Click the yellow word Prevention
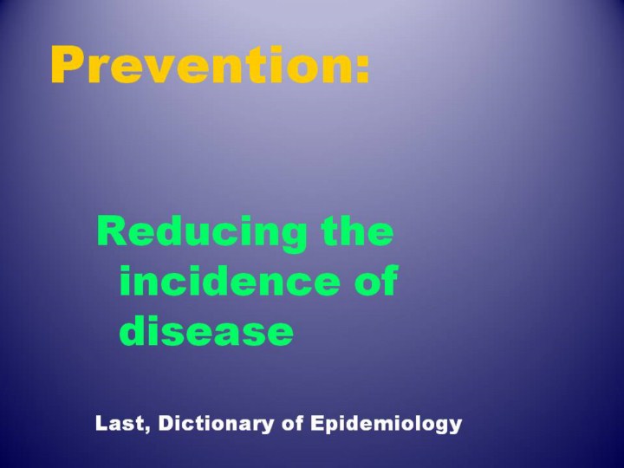point(203,65)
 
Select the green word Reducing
point(202,234)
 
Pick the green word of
point(376,280)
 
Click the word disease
point(206,330)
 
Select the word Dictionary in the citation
point(216,424)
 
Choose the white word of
point(292,424)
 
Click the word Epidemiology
point(386,424)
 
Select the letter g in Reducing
point(293,238)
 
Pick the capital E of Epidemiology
point(317,424)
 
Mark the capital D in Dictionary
point(166,424)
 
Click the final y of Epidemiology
point(455,427)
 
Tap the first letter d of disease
point(133,330)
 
